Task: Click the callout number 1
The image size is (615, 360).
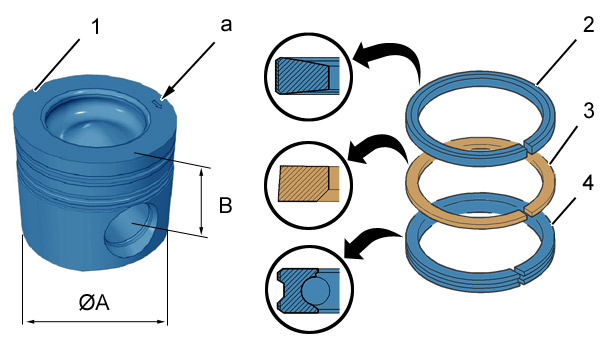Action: pos(96,27)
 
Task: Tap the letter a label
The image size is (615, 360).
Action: pos(226,25)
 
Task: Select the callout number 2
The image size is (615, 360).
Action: pos(588,25)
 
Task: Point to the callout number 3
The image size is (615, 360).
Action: pos(588,111)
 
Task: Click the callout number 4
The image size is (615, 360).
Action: pos(588,184)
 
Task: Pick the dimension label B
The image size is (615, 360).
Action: pos(226,205)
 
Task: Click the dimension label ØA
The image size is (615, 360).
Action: pos(94,303)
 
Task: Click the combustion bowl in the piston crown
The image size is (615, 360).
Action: pos(96,121)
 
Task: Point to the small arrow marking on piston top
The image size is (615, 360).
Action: pos(157,104)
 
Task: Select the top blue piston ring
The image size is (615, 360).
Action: pos(480,118)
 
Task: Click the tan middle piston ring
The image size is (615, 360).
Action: pos(480,182)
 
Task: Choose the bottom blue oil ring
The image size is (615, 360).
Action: pos(480,242)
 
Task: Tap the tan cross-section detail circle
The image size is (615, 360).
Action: pos(309,184)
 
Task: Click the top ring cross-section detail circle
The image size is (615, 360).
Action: pos(309,76)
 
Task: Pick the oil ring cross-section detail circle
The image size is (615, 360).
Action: pos(309,289)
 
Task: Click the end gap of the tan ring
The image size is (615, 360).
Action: pos(526,212)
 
